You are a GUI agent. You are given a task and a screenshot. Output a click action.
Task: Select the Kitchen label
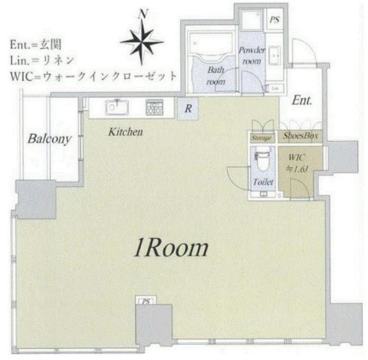click(x=124, y=132)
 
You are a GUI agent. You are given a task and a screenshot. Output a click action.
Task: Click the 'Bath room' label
click(x=216, y=76)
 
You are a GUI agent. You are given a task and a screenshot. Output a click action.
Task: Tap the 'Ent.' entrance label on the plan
click(x=303, y=100)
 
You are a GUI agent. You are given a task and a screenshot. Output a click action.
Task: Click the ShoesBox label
click(x=301, y=137)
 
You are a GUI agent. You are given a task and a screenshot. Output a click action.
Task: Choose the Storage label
click(x=261, y=138)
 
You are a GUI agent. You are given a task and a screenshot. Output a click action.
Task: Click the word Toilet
click(x=263, y=182)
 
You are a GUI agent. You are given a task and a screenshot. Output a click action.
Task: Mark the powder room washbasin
click(x=274, y=58)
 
